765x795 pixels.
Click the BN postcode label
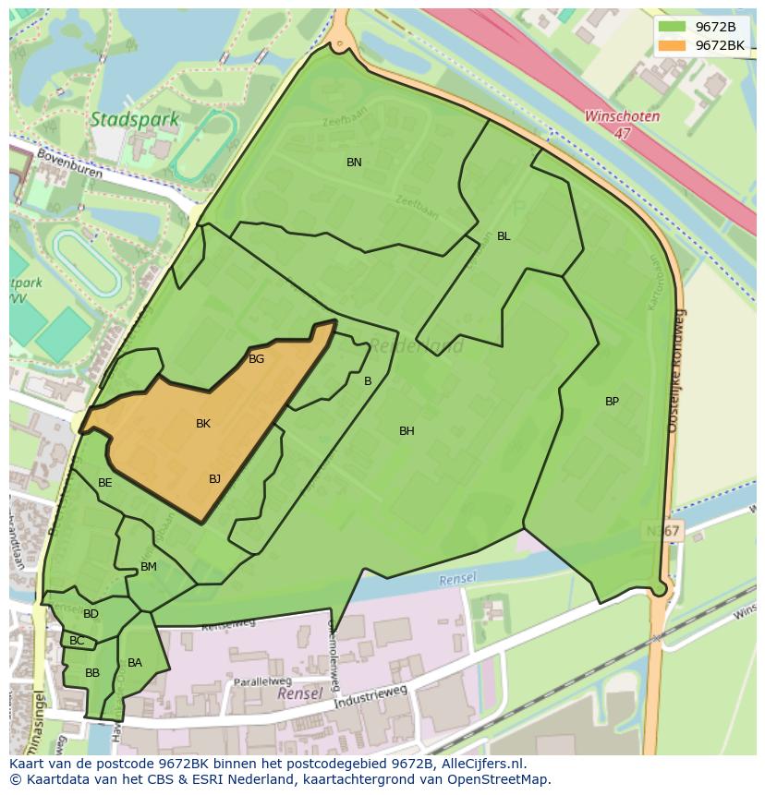point(354,163)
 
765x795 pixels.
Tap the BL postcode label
point(504,236)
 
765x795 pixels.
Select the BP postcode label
point(612,402)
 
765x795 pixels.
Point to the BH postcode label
point(407,431)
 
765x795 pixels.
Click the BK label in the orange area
point(203,424)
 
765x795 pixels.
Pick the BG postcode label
point(257,359)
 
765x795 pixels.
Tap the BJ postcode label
point(214,478)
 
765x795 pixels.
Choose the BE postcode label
point(105,483)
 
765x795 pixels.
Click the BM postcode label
point(149,567)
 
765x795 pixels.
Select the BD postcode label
point(91,614)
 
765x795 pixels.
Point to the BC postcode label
point(77,641)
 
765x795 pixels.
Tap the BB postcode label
point(92,673)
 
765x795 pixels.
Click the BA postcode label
point(135,663)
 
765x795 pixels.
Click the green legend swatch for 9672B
point(672,27)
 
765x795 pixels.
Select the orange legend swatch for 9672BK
point(672,45)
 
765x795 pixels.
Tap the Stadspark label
point(122,119)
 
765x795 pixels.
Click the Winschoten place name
point(622,117)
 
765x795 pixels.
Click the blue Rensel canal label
point(458,579)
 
